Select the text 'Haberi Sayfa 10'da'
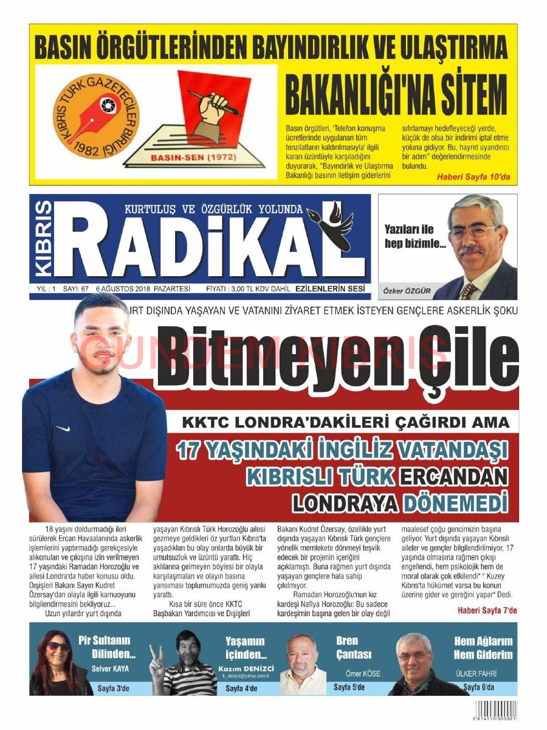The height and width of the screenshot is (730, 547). point(474,176)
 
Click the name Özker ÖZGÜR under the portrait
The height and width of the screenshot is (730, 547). point(407,291)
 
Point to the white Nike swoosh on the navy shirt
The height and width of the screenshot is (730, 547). point(62,428)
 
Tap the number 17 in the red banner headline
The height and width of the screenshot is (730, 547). point(188,451)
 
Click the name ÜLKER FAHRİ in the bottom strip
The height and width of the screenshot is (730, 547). point(476,673)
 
